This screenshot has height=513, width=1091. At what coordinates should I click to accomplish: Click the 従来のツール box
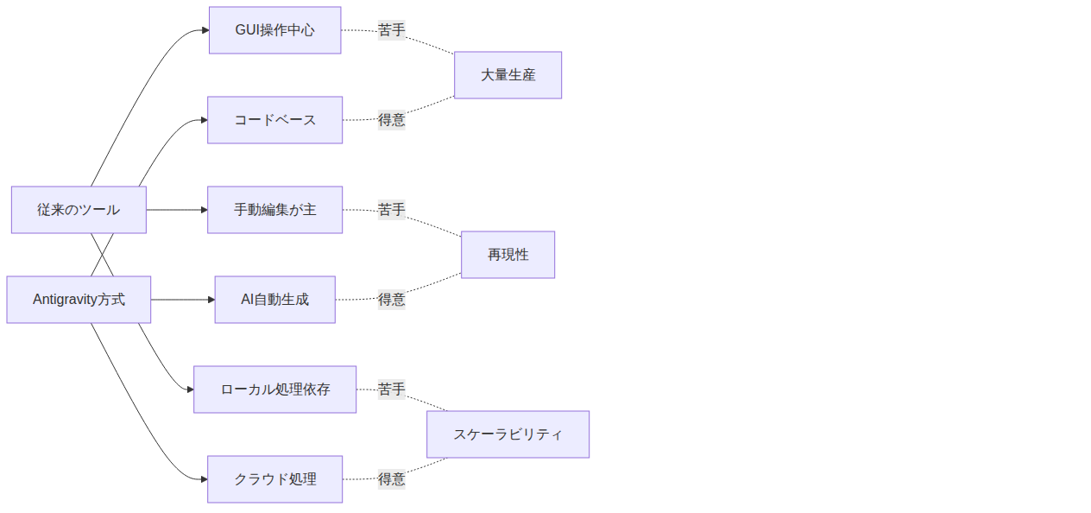click(79, 210)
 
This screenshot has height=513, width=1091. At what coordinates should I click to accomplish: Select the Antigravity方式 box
click(79, 300)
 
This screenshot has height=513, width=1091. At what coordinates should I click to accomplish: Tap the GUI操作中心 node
click(274, 30)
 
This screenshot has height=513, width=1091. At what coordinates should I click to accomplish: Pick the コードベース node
click(274, 120)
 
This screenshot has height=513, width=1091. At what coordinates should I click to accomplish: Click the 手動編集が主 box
click(274, 210)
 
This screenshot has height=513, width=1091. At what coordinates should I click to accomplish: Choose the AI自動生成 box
click(274, 300)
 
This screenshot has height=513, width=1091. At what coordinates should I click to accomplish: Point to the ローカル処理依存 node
click(274, 389)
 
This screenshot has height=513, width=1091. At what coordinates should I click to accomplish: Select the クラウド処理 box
click(274, 479)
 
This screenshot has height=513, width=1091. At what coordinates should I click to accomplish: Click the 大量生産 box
click(508, 75)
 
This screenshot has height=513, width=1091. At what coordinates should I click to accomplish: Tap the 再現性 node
click(508, 255)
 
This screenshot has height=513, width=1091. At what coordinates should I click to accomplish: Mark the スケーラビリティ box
click(508, 434)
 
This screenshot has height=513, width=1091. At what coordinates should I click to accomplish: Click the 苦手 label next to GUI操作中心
click(391, 30)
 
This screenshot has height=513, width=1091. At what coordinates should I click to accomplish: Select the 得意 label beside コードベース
click(391, 120)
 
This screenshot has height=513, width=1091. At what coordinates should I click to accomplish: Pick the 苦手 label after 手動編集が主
click(391, 210)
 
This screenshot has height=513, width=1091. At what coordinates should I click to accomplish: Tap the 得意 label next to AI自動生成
click(391, 300)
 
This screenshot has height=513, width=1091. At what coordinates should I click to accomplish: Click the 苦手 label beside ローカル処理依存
click(391, 389)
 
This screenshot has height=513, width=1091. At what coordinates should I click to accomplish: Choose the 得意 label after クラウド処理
click(391, 479)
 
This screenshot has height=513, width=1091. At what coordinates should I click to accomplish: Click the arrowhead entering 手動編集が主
click(205, 210)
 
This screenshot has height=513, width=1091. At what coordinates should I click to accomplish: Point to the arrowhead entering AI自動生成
click(211, 300)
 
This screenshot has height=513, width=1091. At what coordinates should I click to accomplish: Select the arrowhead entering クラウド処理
click(205, 479)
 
